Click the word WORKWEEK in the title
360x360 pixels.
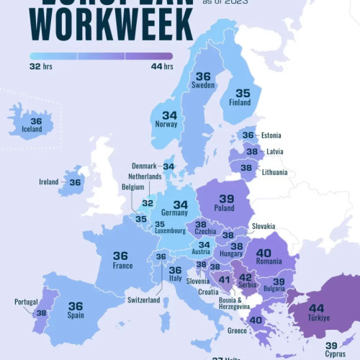(x=114, y=24)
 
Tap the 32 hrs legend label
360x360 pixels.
(x=40, y=67)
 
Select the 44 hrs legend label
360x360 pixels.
(x=162, y=67)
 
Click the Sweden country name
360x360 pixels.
(x=203, y=86)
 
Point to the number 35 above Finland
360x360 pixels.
(x=243, y=93)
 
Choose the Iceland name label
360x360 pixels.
(x=32, y=130)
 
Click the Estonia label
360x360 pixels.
(x=271, y=135)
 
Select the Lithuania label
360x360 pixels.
(x=274, y=173)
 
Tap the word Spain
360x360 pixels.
(x=75, y=315)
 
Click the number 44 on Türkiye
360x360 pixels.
(x=316, y=308)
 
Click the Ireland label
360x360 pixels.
(x=48, y=182)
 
